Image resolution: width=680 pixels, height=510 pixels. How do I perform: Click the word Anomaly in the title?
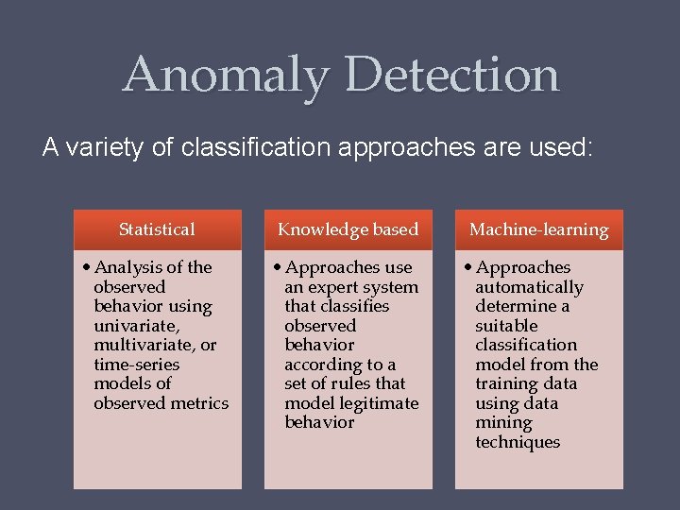click(226, 75)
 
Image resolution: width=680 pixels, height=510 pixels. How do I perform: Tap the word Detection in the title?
click(452, 75)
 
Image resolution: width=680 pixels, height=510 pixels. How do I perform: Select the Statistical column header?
click(157, 229)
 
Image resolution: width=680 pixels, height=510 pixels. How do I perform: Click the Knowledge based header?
click(348, 229)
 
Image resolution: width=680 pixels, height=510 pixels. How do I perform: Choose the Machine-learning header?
click(539, 229)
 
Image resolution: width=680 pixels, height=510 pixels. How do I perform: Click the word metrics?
click(200, 403)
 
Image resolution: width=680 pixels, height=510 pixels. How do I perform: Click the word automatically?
click(529, 287)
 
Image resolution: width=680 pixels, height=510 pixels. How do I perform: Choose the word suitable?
click(506, 326)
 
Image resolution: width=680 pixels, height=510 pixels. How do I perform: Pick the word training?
click(513, 383)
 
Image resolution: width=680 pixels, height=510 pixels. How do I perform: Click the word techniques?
click(518, 442)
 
